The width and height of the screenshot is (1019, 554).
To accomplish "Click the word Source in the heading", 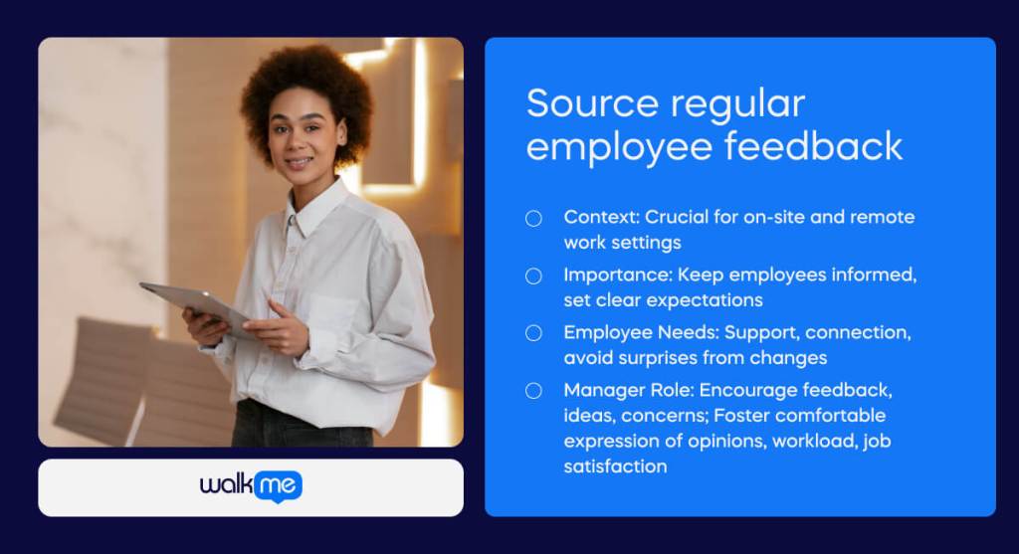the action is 592,103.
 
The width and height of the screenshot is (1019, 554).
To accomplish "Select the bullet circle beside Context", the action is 533,218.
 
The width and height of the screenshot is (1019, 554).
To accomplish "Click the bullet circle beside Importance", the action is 533,277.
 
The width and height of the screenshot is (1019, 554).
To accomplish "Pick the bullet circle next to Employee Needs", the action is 533,333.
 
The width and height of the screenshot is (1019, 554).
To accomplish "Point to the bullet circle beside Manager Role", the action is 533,390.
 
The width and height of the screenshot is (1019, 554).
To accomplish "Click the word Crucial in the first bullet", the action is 676,216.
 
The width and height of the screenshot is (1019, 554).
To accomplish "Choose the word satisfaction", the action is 615,466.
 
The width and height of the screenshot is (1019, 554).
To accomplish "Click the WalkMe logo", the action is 251,486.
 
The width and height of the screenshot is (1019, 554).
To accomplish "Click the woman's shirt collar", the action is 315,207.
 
